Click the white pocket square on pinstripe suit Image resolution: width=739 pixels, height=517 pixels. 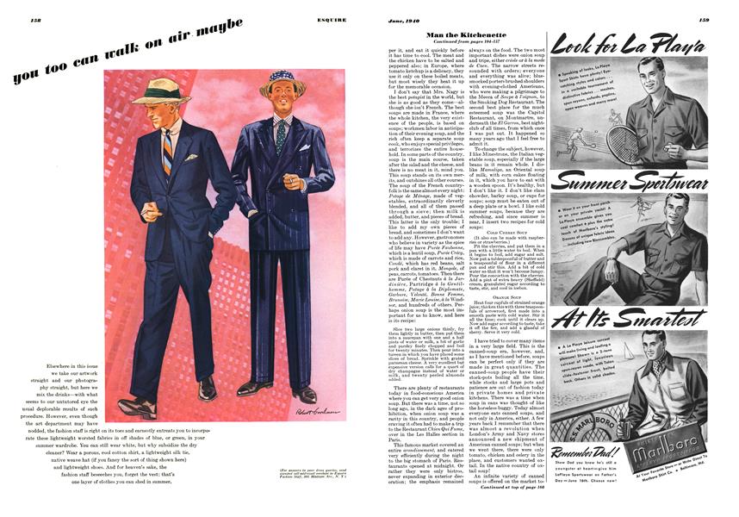tap(305, 147)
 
